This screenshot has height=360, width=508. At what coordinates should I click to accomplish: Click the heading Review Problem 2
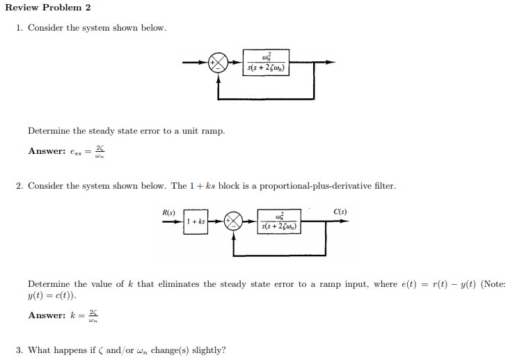coord(48,8)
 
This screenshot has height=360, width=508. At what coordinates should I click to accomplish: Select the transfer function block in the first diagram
coord(267,61)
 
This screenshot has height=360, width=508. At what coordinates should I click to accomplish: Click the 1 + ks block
coord(196,222)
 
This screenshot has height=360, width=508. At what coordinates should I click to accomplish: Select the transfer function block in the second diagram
coord(280,221)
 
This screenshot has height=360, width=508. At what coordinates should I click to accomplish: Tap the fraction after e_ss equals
coord(100,151)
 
